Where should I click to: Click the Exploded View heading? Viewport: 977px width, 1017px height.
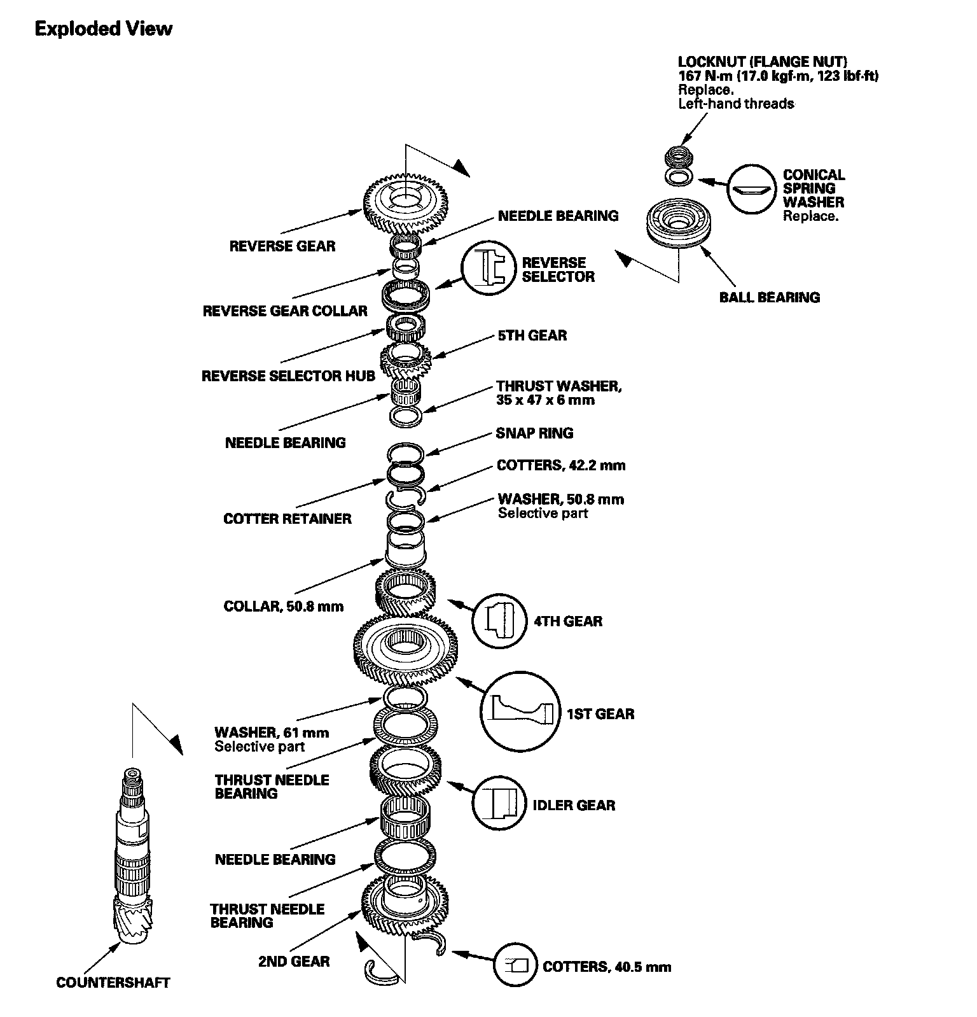click(x=103, y=29)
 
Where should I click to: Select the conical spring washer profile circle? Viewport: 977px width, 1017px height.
click(x=752, y=190)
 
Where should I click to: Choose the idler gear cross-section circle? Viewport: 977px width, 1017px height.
click(x=499, y=804)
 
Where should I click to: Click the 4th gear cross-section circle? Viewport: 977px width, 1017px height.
click(x=499, y=620)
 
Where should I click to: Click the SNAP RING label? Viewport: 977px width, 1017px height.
click(x=534, y=433)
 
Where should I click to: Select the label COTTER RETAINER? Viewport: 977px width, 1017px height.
click(x=287, y=519)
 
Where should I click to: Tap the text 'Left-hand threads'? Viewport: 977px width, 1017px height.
click(x=736, y=104)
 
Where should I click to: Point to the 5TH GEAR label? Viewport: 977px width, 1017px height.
click(x=532, y=335)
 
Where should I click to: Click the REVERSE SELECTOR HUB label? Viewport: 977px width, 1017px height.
click(x=288, y=376)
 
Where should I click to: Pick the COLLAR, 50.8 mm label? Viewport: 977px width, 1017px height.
click(x=283, y=606)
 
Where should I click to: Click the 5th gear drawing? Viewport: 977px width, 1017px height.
click(x=405, y=359)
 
